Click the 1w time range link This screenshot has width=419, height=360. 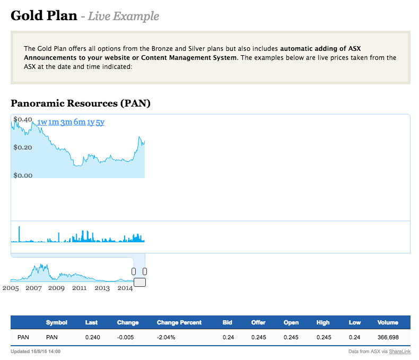42,122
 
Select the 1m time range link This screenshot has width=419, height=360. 54,122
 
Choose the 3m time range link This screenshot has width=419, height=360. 66,122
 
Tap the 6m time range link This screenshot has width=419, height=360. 79,122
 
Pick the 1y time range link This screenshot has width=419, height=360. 91,122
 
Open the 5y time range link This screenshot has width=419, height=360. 100,122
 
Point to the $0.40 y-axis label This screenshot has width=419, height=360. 23,119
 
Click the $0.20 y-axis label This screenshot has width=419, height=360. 23,147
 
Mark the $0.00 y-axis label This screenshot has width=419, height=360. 23,175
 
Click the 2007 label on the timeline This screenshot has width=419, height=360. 33,288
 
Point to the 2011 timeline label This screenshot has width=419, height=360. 80,288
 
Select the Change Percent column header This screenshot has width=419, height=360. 179,322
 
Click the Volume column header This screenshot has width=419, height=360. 388,322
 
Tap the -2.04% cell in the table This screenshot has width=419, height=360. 166,337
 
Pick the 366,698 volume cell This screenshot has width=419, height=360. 387,337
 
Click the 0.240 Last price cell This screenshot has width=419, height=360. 92,337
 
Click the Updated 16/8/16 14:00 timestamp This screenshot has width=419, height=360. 36,352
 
